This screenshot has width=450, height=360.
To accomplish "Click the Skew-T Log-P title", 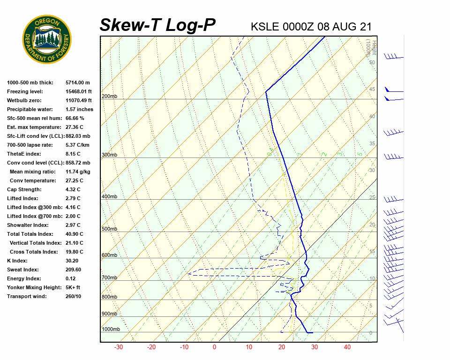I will click(157, 25).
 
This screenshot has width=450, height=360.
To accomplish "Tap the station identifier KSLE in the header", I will click(265, 27).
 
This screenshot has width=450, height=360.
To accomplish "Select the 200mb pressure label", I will click(109, 97).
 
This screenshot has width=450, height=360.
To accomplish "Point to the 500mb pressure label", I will click(109, 229).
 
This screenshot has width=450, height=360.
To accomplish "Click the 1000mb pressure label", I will click(111, 330).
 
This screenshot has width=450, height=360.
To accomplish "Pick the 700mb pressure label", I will click(109, 278).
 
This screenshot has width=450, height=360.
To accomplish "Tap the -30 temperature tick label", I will click(119, 347).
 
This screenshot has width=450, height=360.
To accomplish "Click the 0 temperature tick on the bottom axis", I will click(214, 347).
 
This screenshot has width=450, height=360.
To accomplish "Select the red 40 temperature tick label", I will click(347, 347).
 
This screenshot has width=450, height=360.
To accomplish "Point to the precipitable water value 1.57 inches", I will click(79, 109).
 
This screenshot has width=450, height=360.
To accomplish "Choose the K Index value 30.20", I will click(73, 261).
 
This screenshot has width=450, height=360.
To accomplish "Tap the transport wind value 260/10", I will click(73, 296).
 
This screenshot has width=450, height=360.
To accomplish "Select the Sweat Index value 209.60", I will click(73, 270).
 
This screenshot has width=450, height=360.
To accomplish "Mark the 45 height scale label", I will click(372, 90).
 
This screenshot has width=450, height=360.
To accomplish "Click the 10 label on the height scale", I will click(372, 279).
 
